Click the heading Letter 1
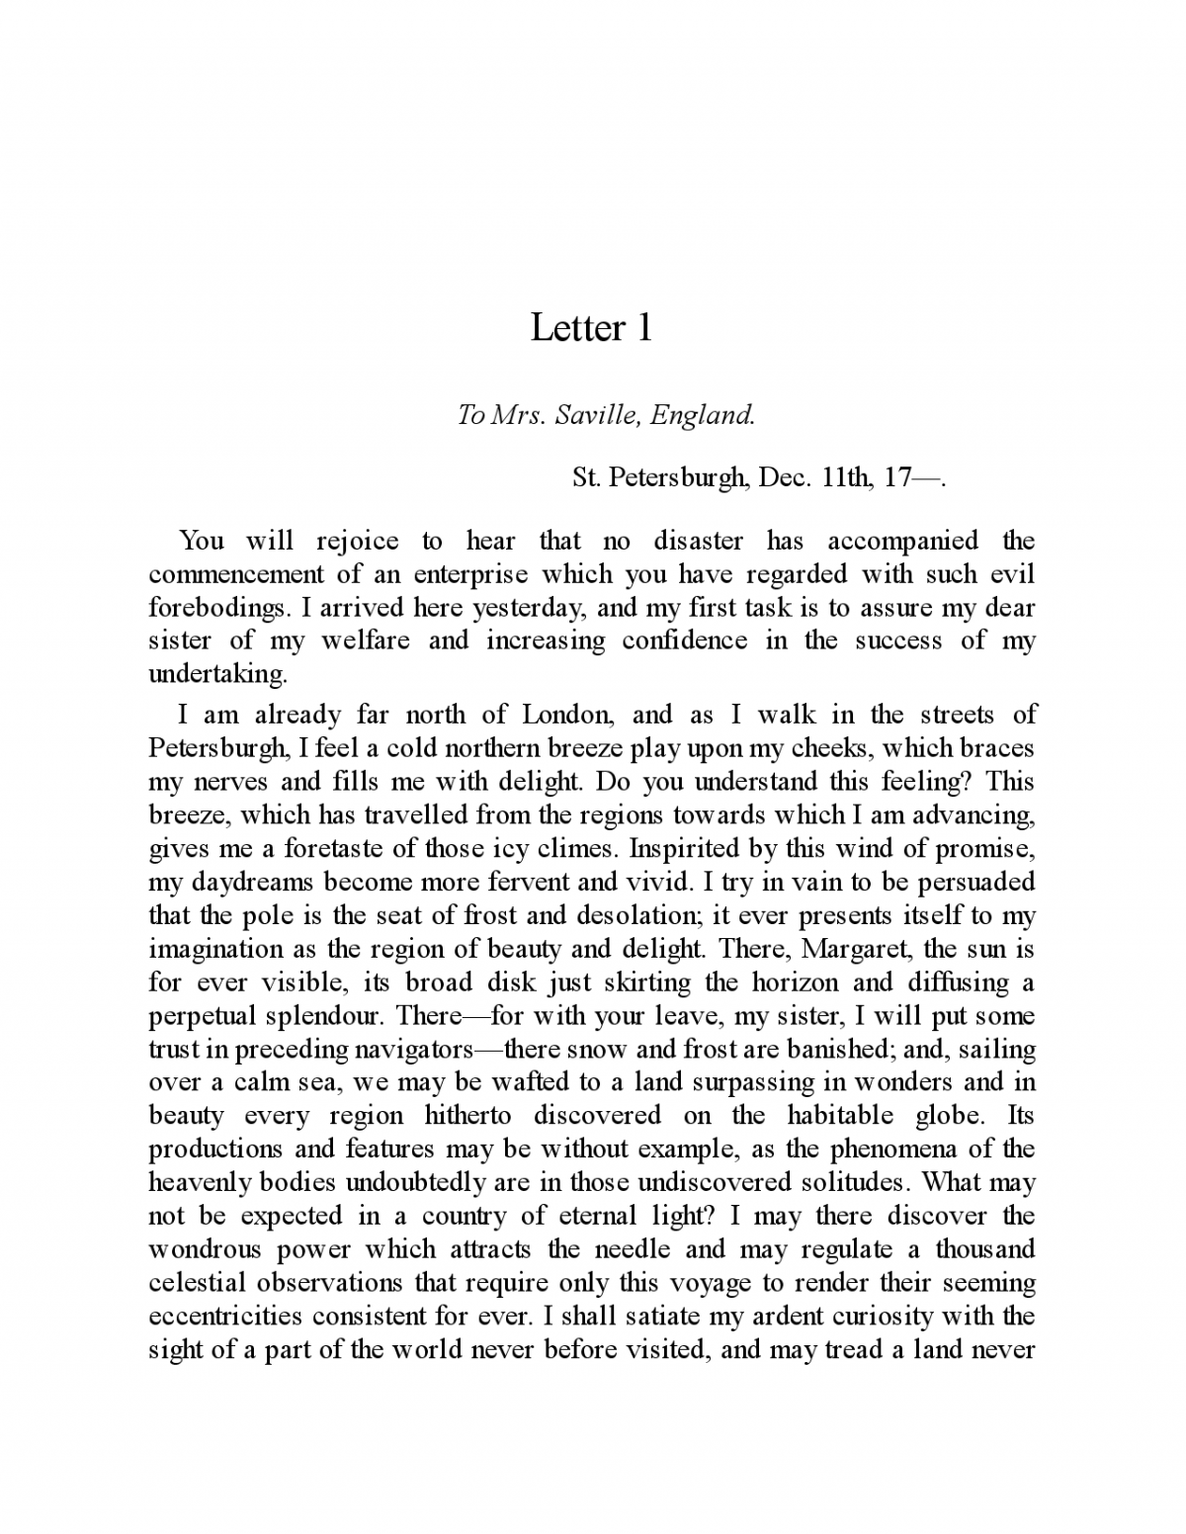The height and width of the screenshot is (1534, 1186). pyautogui.click(x=591, y=328)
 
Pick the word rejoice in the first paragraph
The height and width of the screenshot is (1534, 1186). pyautogui.click(x=357, y=541)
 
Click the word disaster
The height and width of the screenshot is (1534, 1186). pyautogui.click(x=698, y=541)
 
